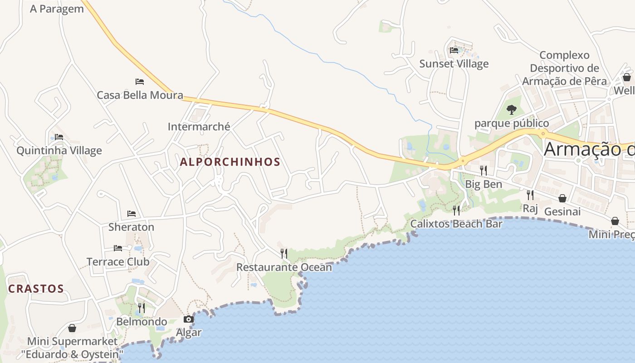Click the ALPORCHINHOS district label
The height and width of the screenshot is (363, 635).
coord(230,162)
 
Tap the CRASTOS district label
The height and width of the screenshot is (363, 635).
coord(36,289)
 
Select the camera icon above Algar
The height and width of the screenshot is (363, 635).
coord(189,319)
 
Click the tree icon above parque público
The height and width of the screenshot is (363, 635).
coord(512,109)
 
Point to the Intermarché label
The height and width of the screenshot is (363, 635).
coord(199,127)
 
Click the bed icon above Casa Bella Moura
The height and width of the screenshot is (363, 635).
coord(140,82)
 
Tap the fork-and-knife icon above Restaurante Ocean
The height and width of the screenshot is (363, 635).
coord(284,253)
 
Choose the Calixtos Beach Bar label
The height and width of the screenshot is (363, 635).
coord(456,224)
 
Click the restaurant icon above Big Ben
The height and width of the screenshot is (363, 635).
coord(484,171)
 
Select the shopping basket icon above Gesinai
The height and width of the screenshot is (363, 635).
coord(562,198)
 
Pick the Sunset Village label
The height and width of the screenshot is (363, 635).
coord(454,64)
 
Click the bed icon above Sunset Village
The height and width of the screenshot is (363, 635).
coord(454,50)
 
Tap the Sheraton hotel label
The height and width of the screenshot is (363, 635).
coord(131,227)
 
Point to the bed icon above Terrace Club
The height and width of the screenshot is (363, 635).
coord(118,248)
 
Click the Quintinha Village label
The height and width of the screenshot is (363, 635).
coord(59,151)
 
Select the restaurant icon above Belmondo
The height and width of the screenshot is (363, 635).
coord(142,308)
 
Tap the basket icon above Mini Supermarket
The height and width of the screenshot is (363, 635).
coord(72,328)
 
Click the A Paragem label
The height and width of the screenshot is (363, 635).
coord(57,9)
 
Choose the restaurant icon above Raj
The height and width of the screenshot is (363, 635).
coord(530,195)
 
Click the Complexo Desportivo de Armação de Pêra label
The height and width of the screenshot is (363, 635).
coord(564,68)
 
